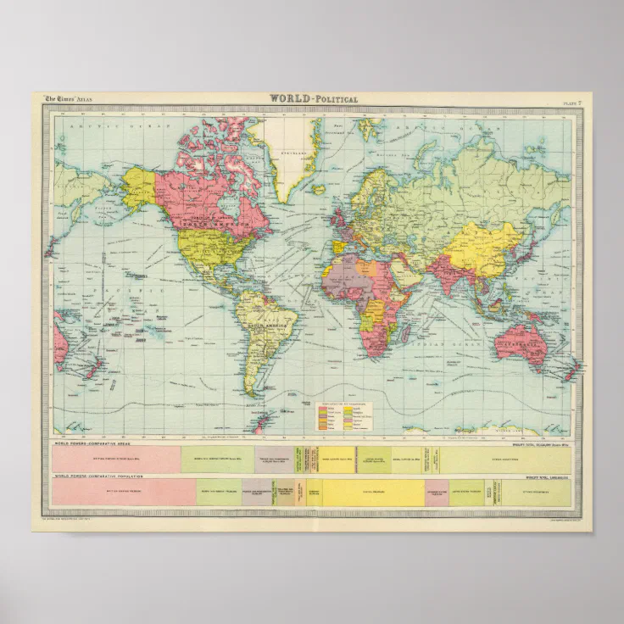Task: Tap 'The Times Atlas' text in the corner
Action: coord(64,99)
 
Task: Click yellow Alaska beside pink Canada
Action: coord(139,187)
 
